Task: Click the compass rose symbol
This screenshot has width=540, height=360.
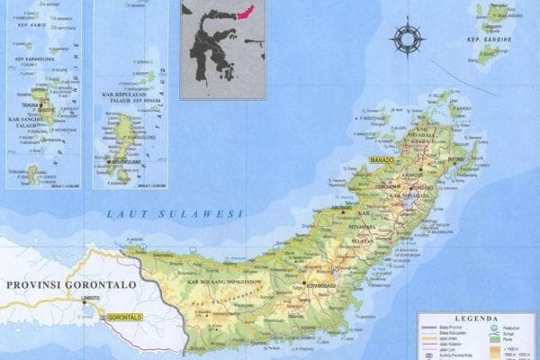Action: tap(407, 40)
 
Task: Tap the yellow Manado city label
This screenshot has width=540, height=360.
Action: tap(382, 159)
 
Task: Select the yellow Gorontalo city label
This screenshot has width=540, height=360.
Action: tap(123, 318)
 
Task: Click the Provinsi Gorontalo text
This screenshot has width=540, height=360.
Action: tap(71, 284)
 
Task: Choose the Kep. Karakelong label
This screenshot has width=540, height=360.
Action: tap(31, 58)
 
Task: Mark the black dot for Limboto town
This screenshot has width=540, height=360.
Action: tap(86, 302)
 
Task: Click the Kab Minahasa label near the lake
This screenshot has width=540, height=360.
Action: tap(407, 194)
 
